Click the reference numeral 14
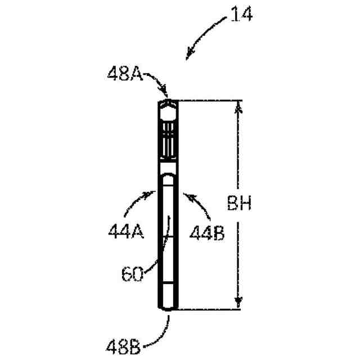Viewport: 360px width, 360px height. point(241,14)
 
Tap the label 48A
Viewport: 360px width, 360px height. point(125,74)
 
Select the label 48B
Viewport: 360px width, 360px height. point(123,348)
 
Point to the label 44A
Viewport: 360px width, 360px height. point(126,231)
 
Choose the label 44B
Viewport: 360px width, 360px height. point(207,232)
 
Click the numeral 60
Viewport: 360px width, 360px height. point(132,274)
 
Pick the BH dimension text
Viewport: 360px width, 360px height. point(239,203)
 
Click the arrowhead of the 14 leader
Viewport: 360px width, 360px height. point(190,55)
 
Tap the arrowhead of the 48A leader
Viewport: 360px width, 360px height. point(165,93)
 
